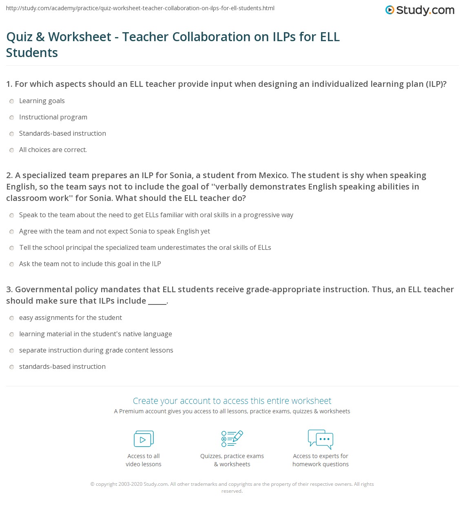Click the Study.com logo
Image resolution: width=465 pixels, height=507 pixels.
click(x=420, y=10)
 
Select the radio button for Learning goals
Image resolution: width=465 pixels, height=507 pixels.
click(x=12, y=101)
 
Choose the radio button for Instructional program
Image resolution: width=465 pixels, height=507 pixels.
click(x=12, y=117)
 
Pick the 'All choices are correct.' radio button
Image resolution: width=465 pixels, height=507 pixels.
click(x=12, y=150)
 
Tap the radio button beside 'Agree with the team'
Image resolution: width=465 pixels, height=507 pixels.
click(x=12, y=231)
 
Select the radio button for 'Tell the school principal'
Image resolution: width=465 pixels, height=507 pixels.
click(x=12, y=248)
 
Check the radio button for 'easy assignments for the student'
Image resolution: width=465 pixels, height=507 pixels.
click(x=12, y=318)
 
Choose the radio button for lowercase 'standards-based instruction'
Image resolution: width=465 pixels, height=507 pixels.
click(x=12, y=367)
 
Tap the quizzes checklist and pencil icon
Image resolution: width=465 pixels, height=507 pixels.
click(x=232, y=439)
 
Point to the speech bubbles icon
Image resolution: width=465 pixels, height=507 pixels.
click(x=321, y=439)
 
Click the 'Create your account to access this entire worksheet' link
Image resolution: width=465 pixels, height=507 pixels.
click(x=232, y=401)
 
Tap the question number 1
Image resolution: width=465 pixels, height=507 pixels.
click(x=9, y=84)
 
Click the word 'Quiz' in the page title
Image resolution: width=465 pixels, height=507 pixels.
click(x=19, y=37)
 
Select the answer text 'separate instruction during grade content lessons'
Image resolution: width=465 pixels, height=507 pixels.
click(x=96, y=350)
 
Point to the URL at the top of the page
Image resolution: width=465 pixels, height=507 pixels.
click(x=140, y=8)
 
